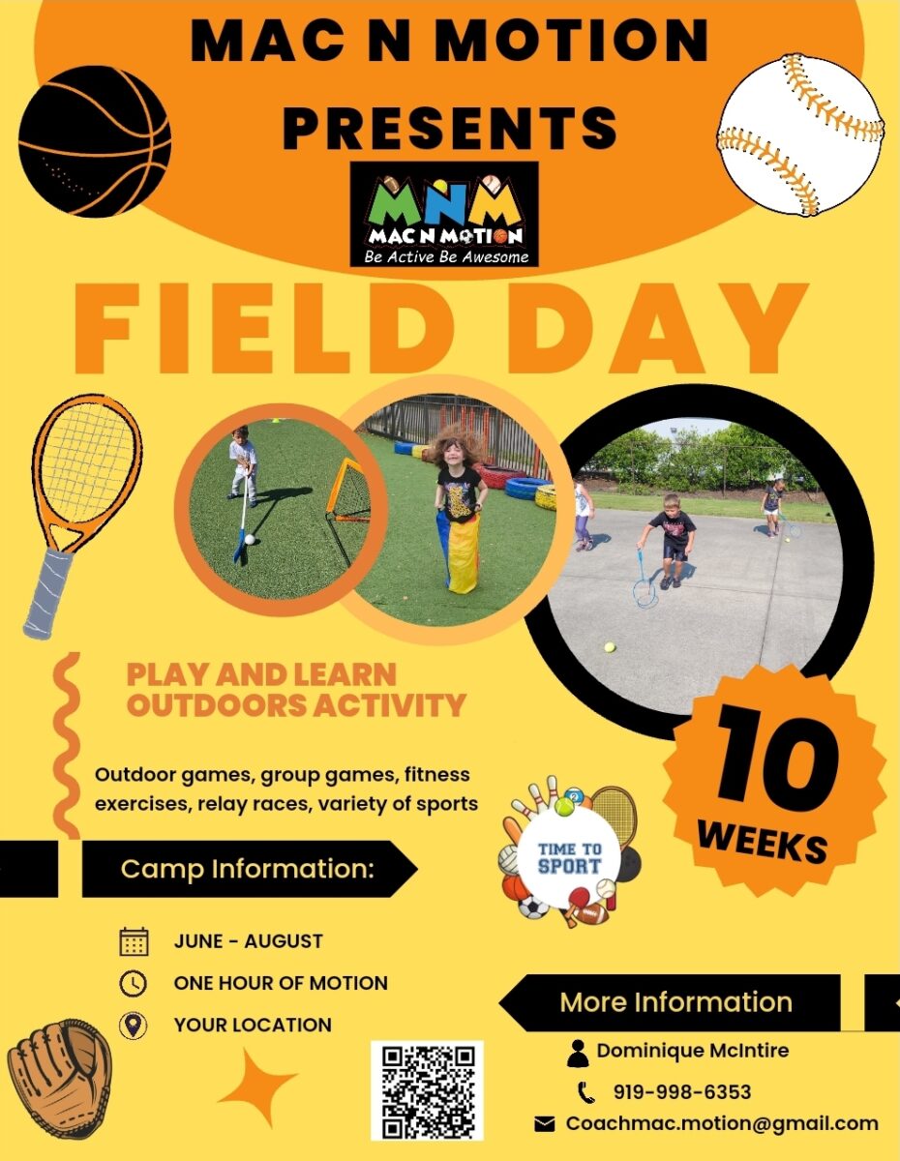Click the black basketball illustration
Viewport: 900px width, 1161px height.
click(x=95, y=141)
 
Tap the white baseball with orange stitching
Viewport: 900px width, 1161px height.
click(x=800, y=134)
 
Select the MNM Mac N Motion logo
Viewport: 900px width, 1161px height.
click(x=444, y=214)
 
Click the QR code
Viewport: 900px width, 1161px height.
click(x=427, y=1090)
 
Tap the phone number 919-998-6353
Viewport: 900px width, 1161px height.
click(x=682, y=1092)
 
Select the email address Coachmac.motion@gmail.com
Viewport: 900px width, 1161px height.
click(x=722, y=1123)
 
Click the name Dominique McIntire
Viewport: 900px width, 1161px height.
click(x=693, y=1051)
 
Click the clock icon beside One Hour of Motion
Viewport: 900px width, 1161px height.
click(x=134, y=983)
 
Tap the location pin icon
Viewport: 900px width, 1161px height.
click(x=133, y=1026)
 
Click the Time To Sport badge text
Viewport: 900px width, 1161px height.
click(x=569, y=857)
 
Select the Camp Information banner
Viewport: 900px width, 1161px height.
click(x=250, y=869)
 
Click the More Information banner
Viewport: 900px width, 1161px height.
click(x=671, y=1002)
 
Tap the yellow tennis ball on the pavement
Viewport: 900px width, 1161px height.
click(x=610, y=647)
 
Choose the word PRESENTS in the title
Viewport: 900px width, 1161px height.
click(x=450, y=127)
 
